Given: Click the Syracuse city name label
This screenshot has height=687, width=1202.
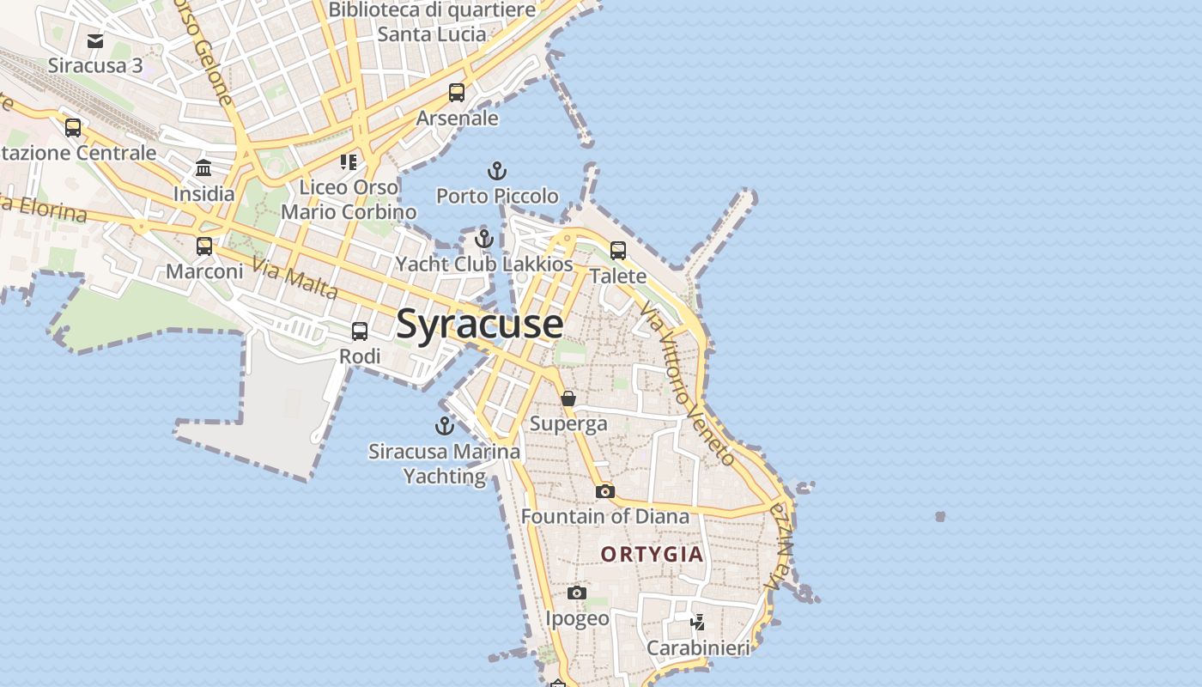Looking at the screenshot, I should [480, 325].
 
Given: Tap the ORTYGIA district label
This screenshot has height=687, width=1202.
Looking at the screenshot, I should [653, 555].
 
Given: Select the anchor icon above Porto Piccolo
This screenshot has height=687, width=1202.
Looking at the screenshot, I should [497, 171].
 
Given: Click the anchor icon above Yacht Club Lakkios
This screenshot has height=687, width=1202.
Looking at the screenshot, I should [484, 239].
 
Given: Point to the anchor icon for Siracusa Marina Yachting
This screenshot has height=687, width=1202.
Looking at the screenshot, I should [445, 426].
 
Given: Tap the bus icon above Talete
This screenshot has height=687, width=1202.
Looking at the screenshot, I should [618, 251].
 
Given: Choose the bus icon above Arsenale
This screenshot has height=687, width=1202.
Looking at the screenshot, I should [457, 93].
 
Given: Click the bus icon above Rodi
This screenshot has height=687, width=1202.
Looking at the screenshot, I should [360, 331].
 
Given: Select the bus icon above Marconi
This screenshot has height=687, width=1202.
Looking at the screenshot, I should [204, 246].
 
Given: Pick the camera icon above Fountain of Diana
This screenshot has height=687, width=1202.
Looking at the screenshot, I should [605, 491].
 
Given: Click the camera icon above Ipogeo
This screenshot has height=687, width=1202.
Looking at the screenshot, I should [577, 593].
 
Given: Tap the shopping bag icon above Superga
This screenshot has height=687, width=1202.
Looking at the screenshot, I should [568, 398].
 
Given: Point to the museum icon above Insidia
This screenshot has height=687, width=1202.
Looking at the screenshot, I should [203, 168].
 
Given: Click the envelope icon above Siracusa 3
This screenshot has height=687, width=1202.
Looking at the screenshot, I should [95, 40].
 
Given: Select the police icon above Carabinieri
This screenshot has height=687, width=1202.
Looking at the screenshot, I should [698, 622].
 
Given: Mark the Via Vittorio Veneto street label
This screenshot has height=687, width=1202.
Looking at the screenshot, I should [688, 387].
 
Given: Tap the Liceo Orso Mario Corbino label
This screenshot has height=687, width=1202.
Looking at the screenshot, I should [349, 199].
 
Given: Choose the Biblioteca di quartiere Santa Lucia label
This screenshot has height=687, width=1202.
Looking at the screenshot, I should [432, 22].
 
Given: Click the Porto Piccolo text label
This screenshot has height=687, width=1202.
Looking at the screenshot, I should [497, 196].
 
